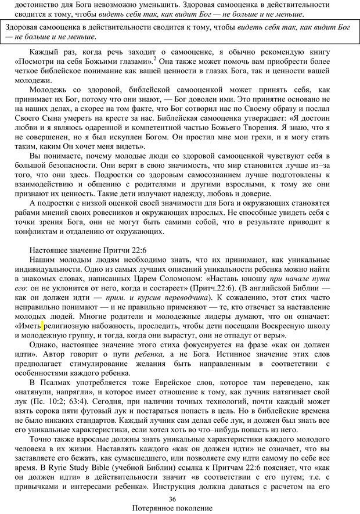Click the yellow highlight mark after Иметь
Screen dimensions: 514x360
click(42, 326)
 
